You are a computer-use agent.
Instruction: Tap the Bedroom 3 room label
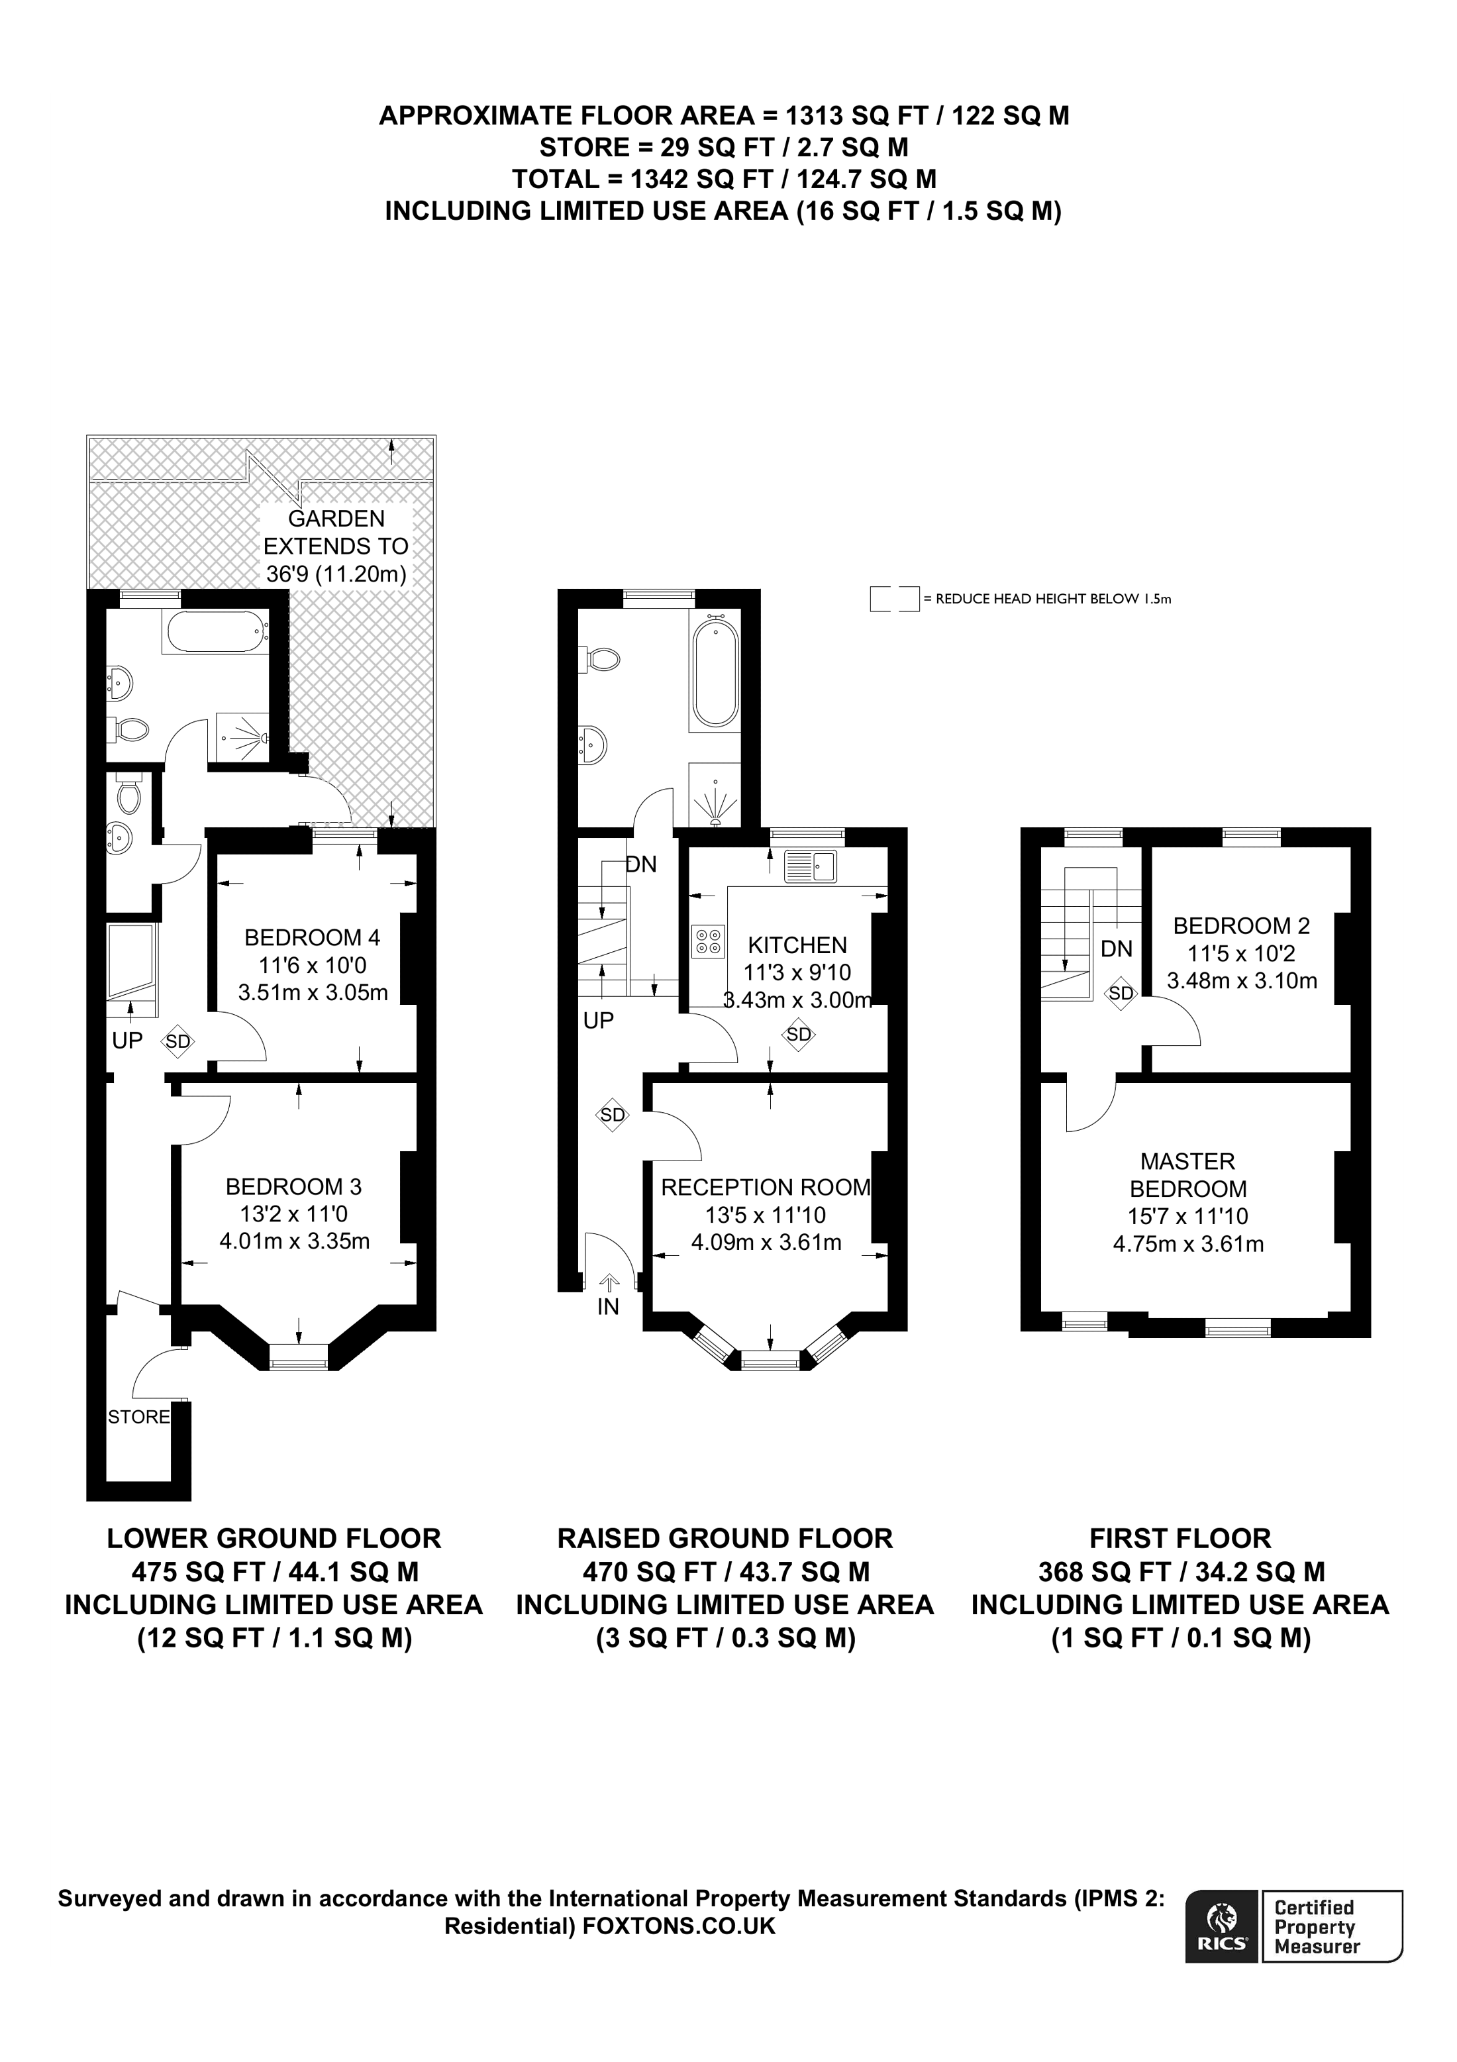click(293, 1186)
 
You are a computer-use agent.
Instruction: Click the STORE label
click(138, 1418)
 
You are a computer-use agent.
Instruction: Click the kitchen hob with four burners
click(709, 941)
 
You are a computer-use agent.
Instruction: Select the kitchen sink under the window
click(810, 866)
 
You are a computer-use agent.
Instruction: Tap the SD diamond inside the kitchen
click(798, 1034)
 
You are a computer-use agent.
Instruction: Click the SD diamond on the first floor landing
click(1121, 994)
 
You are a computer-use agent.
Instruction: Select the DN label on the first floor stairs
click(1117, 949)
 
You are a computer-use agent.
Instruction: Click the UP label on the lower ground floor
click(127, 1040)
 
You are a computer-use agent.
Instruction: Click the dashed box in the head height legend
click(894, 599)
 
